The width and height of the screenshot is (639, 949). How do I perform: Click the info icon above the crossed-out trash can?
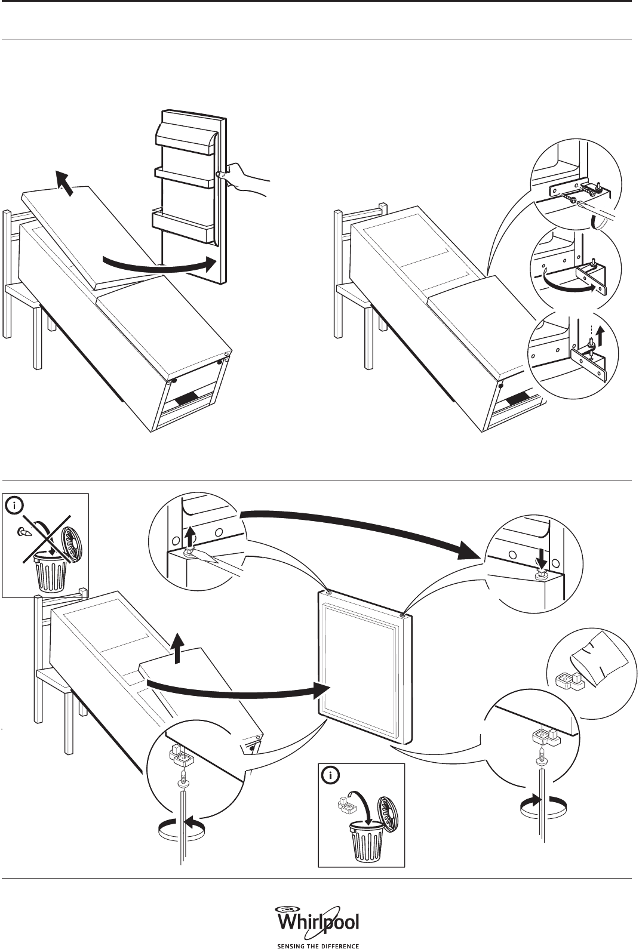pos(15,506)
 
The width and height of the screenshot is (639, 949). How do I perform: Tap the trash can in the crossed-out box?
pos(53,570)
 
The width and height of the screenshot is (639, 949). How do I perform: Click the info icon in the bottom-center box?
pos(330,775)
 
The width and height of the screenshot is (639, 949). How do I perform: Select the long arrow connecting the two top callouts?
pos(358,525)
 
